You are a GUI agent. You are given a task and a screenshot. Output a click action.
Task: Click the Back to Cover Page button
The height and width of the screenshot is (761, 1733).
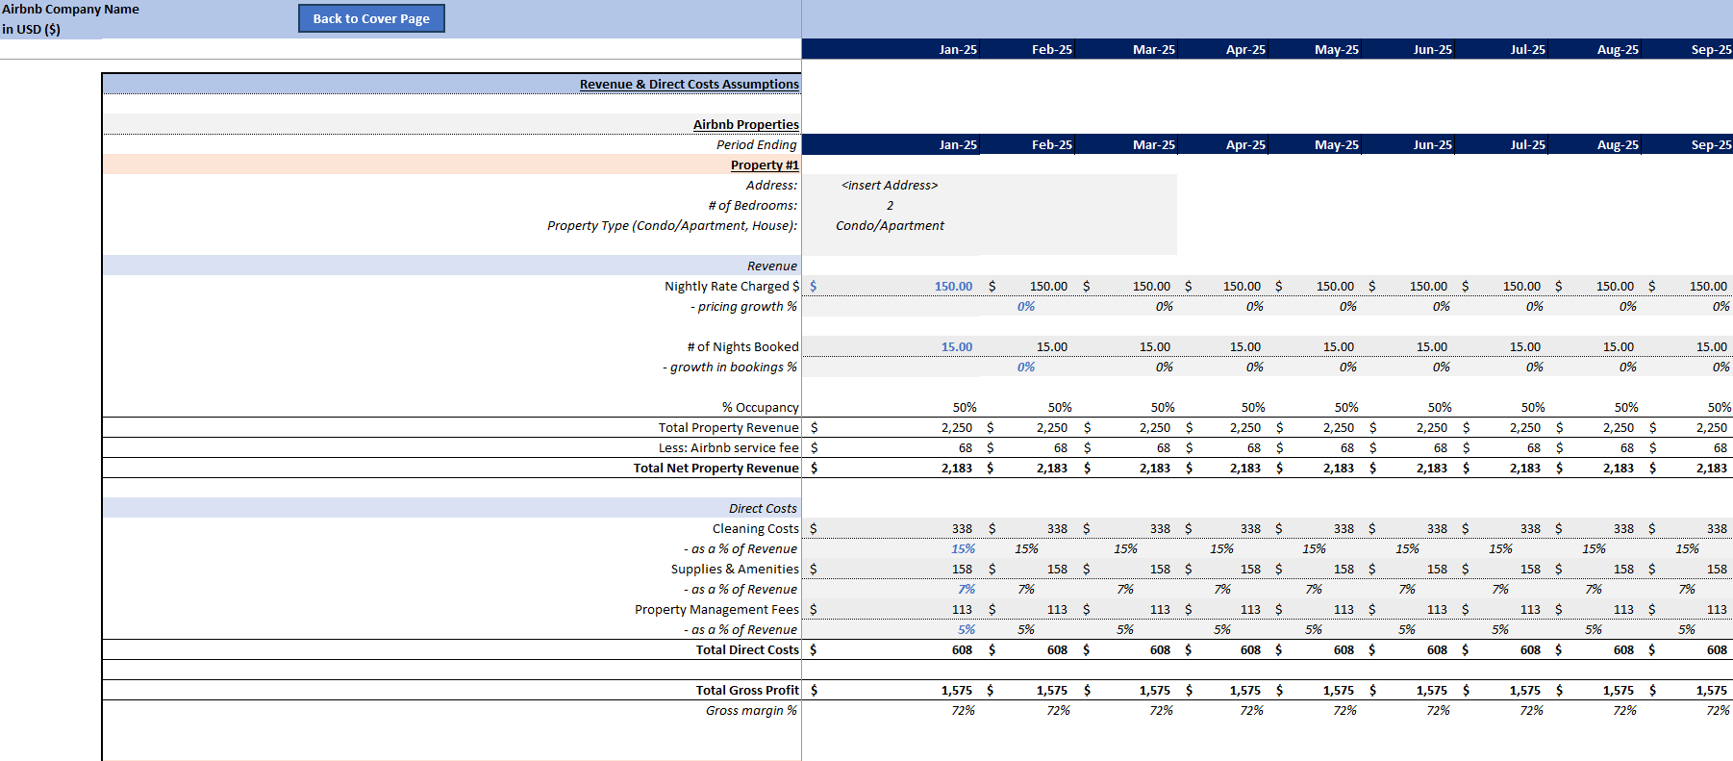pos(371,18)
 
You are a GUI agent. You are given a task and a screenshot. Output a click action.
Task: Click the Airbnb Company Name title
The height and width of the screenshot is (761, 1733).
pos(70,10)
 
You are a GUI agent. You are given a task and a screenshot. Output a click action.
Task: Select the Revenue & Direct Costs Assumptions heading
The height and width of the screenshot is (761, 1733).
pos(689,85)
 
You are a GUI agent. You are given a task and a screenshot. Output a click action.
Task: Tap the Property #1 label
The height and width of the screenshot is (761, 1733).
pos(764,165)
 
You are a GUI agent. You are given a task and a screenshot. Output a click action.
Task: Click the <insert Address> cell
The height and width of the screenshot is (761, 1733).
pos(889,186)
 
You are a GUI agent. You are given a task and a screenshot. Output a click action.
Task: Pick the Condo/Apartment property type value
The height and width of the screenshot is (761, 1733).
pos(890,226)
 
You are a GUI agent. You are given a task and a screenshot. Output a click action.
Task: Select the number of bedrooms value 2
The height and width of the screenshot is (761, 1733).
pos(890,206)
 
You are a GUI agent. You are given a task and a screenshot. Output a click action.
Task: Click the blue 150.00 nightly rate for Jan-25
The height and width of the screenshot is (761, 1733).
pos(953,287)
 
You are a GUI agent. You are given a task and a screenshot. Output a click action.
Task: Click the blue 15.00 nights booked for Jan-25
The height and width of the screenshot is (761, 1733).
pos(956,347)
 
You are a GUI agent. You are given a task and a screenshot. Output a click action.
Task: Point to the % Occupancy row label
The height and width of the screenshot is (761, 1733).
pos(760,408)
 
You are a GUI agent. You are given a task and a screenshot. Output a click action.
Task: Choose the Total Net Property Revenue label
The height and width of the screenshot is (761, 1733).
pos(716,469)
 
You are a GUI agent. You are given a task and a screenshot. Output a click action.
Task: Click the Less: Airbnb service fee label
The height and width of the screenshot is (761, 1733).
pos(728,448)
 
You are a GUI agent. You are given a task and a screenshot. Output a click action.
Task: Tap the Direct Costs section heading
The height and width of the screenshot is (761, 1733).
pos(762,509)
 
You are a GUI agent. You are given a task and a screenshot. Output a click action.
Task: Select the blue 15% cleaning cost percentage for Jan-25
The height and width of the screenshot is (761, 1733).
pos(963,549)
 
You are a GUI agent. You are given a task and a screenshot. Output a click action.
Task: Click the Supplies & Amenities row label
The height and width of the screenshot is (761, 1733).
pos(734,570)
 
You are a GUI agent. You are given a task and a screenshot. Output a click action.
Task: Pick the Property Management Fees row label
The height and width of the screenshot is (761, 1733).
pos(716,610)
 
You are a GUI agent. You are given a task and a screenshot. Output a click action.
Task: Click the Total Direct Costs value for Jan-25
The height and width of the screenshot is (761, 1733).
pos(962,650)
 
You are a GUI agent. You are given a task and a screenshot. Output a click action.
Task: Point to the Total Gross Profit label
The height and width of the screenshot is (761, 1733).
pos(747,691)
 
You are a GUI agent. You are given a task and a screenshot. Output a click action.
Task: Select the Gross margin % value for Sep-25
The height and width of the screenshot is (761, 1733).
pos(1718,711)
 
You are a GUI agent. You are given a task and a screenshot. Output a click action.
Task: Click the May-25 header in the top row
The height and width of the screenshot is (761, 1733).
pos(1336,50)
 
